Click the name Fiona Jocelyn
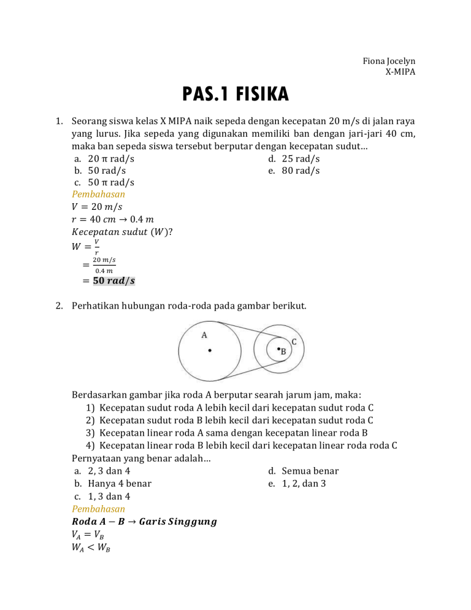pyautogui.click(x=389, y=61)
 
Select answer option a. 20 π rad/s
pyautogui.click(x=104, y=158)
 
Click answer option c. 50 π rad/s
pyautogui.click(x=104, y=182)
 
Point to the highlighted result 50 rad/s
pyautogui.click(x=113, y=281)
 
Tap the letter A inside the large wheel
pyautogui.click(x=205, y=334)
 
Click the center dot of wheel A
pyautogui.click(x=210, y=351)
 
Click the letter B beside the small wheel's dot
pyautogui.click(x=283, y=352)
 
